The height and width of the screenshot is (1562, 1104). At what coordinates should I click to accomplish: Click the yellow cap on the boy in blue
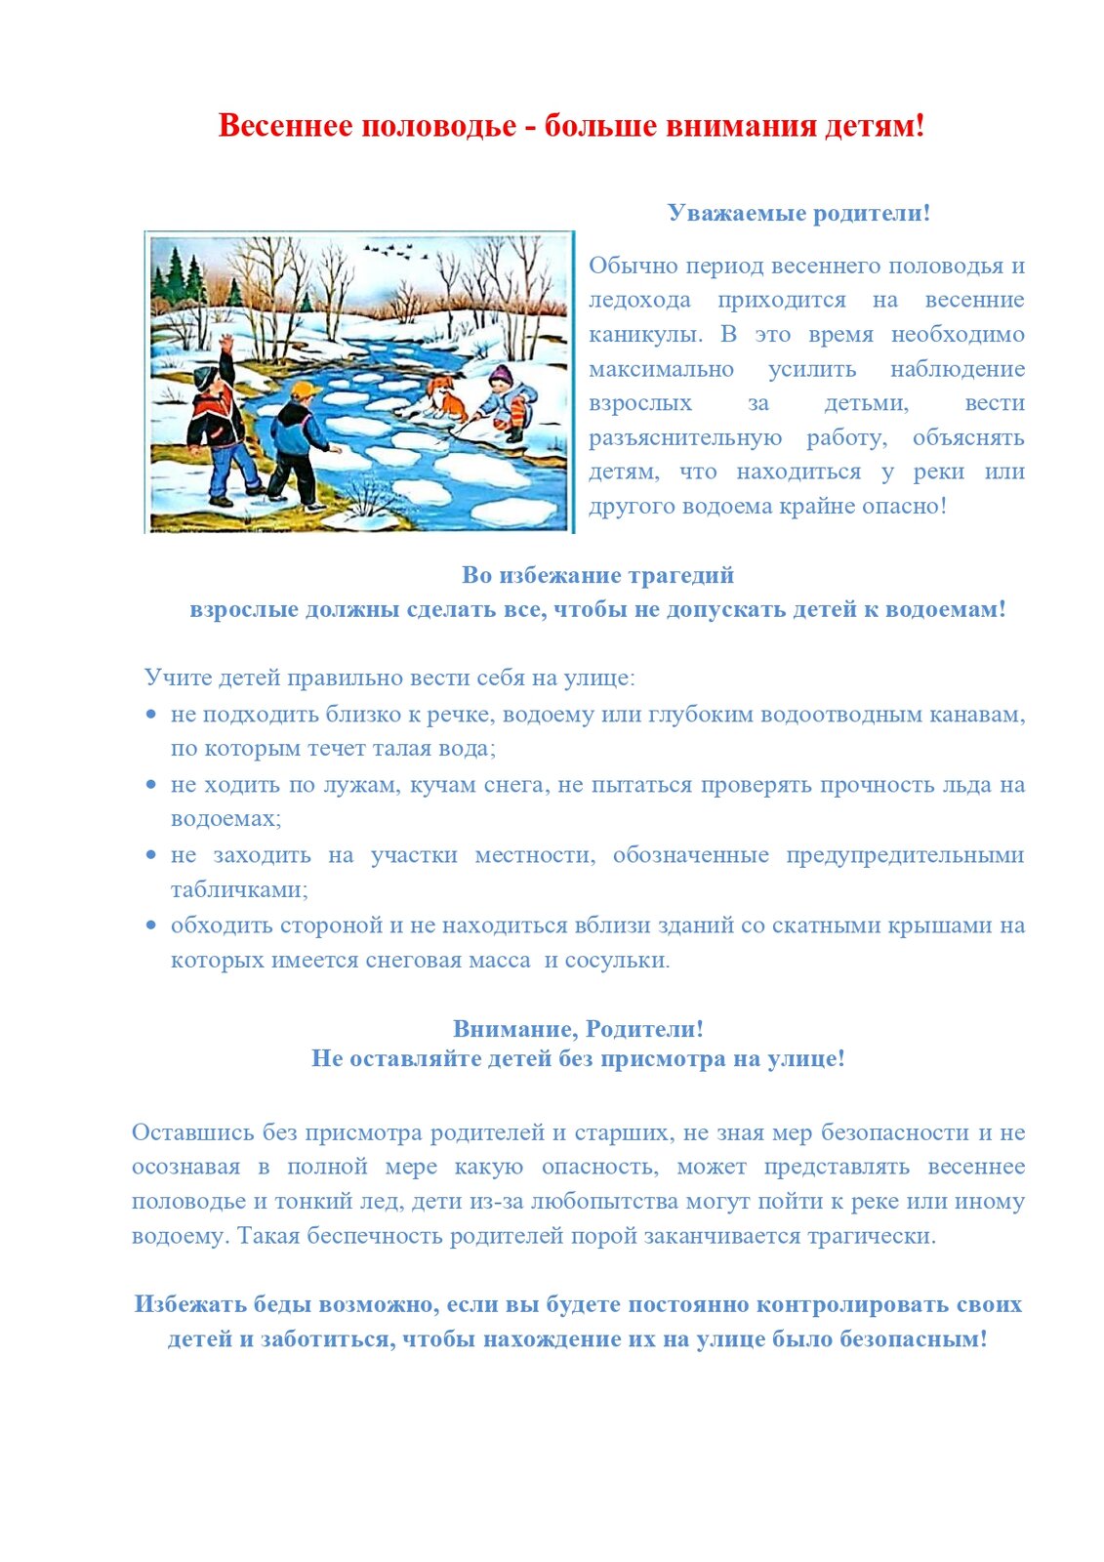click(306, 390)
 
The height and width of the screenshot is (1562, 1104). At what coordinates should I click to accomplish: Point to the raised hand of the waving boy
click(226, 344)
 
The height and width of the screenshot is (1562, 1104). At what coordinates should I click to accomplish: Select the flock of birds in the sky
click(395, 253)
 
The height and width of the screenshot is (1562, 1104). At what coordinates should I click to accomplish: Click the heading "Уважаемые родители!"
click(798, 213)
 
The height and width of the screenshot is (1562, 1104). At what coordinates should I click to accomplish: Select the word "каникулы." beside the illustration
click(645, 335)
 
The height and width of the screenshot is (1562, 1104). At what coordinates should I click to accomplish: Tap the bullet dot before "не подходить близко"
click(150, 715)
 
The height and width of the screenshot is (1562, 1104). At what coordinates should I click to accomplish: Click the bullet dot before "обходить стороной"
click(150, 925)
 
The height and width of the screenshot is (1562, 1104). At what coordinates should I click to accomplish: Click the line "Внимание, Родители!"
click(578, 1029)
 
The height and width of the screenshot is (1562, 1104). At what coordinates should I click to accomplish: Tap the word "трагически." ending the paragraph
click(872, 1237)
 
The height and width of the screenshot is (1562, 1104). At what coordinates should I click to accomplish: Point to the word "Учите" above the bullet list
click(175, 678)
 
